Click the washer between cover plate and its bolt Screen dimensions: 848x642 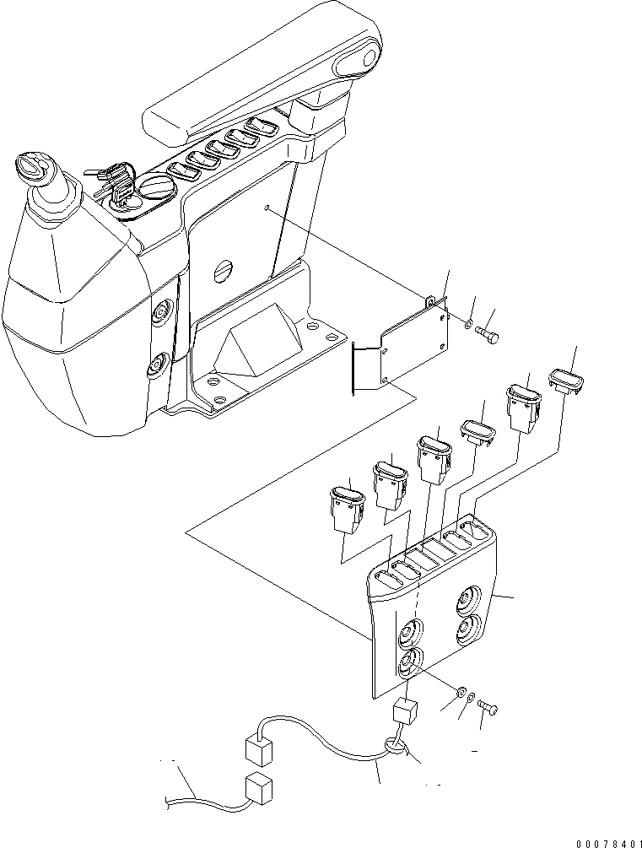[x=468, y=321]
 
